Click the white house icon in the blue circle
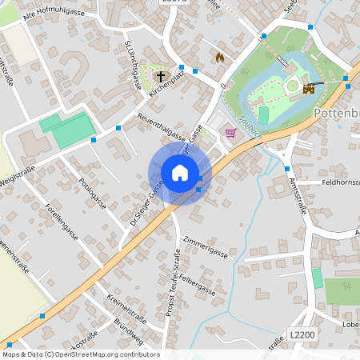[180, 173]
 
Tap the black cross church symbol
[161, 77]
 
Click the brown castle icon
[308, 90]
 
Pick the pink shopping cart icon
[231, 132]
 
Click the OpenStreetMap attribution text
[81, 354]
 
